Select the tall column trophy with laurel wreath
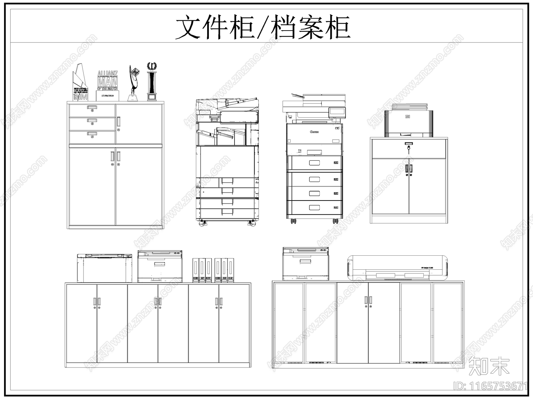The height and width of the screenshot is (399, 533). [x=152, y=81]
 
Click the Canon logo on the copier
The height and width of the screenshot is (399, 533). [x=314, y=132]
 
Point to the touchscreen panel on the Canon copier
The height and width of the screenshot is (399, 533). [x=337, y=112]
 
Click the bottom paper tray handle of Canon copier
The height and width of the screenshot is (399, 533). [x=314, y=208]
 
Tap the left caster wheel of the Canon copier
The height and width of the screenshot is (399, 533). [x=293, y=221]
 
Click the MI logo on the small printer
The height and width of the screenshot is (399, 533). [x=407, y=116]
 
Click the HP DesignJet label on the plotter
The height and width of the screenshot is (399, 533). [x=427, y=267]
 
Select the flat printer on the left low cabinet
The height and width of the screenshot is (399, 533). [x=105, y=268]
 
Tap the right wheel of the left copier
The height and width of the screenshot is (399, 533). [x=252, y=223]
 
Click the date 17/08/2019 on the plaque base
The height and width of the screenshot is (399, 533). [x=107, y=95]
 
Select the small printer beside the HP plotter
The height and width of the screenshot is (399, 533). [x=306, y=264]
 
